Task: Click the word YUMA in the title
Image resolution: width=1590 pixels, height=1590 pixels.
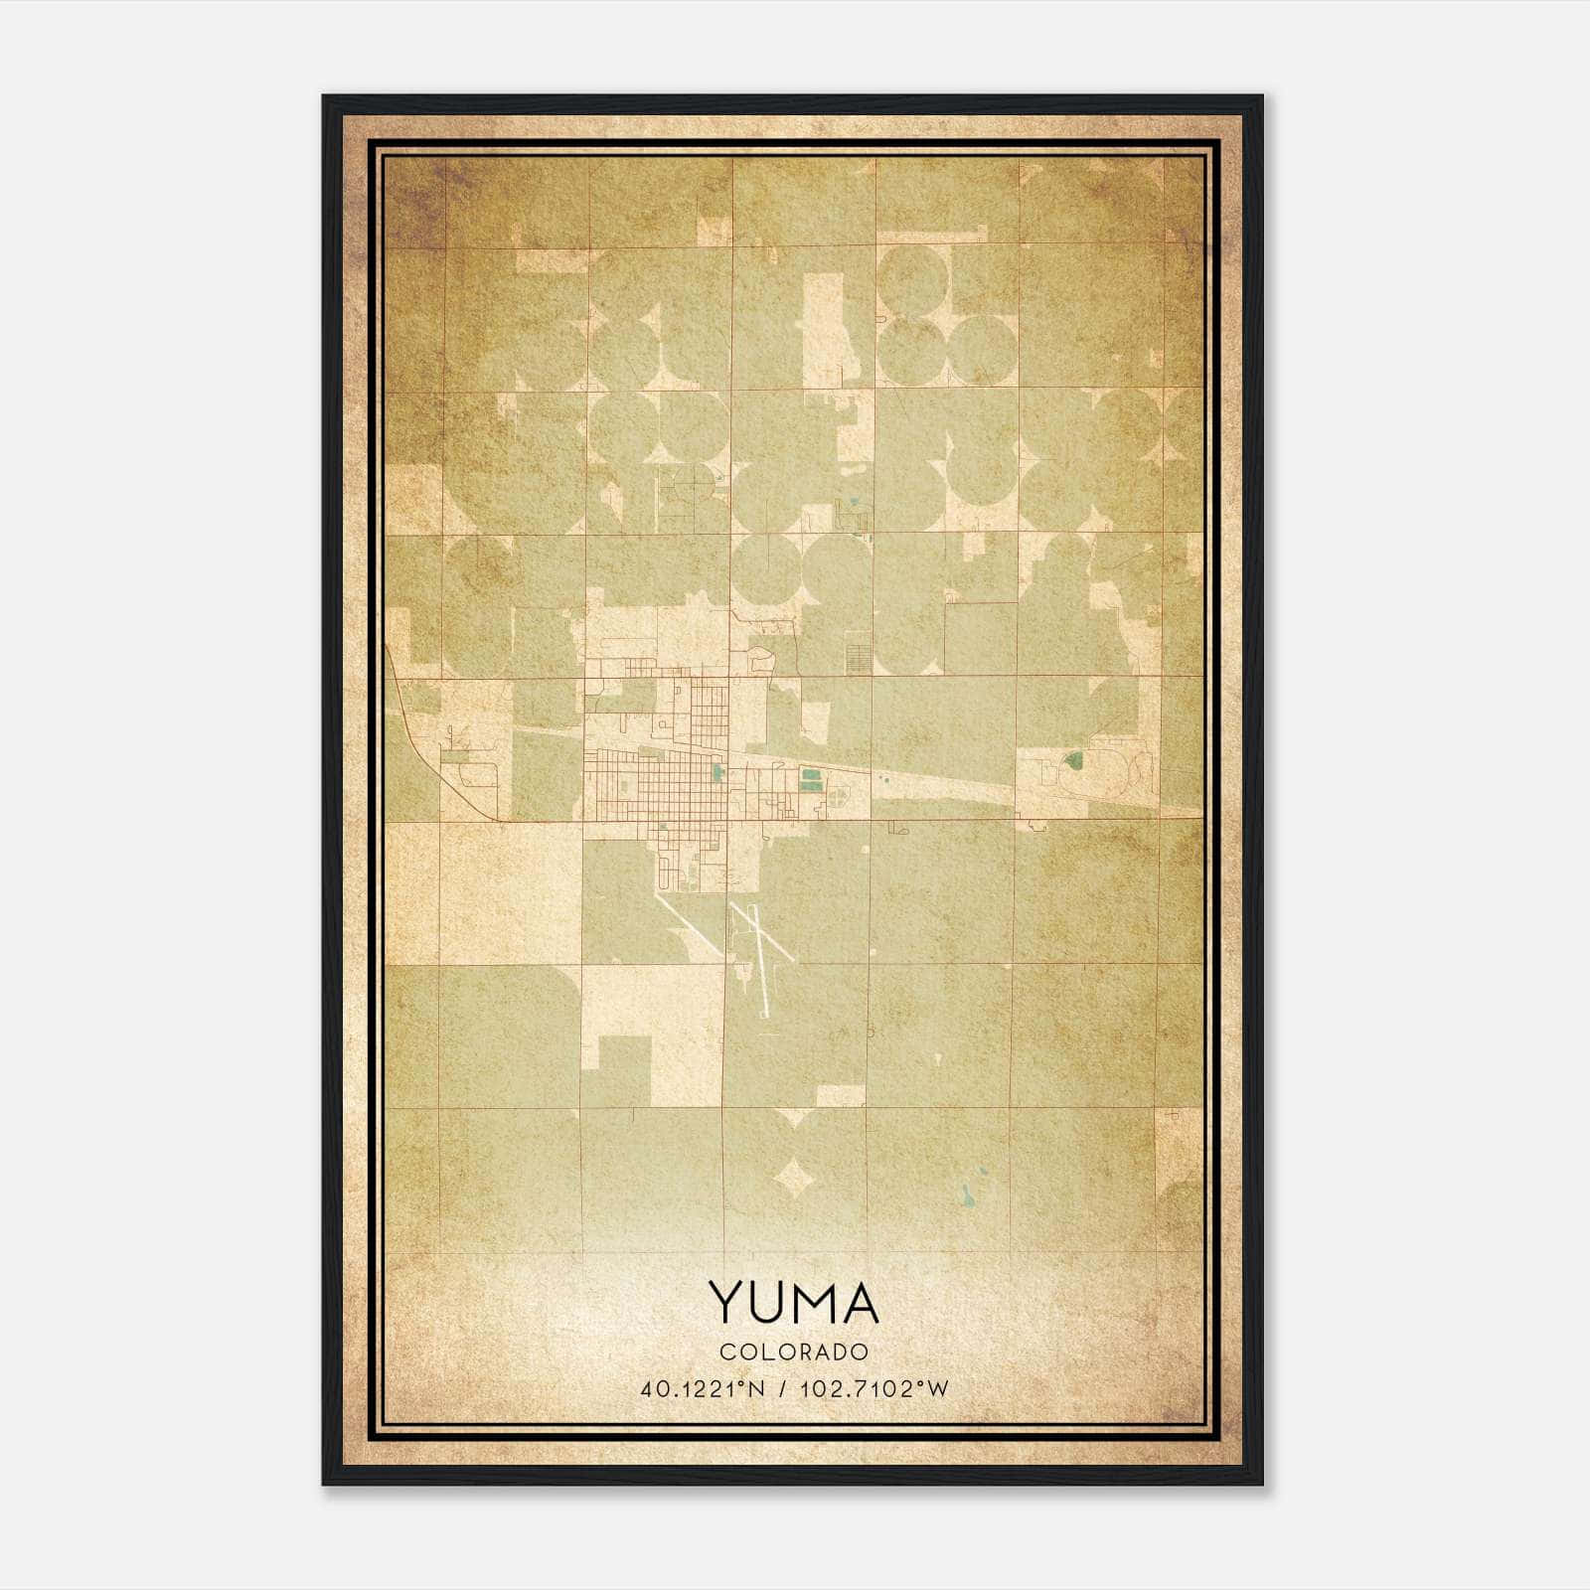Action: tap(793, 1303)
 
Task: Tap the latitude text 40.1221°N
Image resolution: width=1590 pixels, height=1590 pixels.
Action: tap(703, 1389)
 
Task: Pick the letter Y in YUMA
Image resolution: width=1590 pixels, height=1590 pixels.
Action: tap(724, 1303)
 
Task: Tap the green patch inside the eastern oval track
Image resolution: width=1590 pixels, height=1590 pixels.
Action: tap(1072, 762)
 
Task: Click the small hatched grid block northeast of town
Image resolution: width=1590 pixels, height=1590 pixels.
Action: tap(857, 657)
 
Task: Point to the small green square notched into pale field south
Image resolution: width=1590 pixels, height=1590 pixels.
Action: tap(624, 1069)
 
